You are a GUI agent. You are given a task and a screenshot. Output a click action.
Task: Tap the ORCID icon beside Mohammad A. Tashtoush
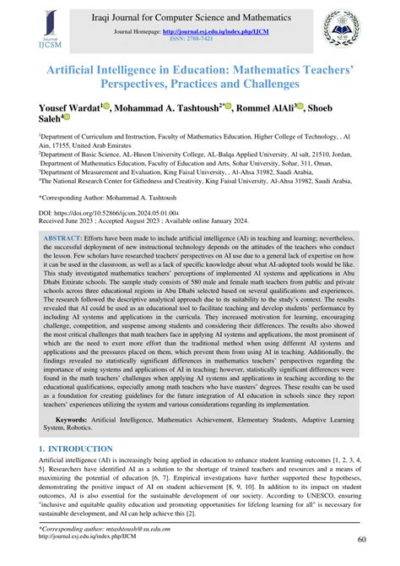point(223,107)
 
